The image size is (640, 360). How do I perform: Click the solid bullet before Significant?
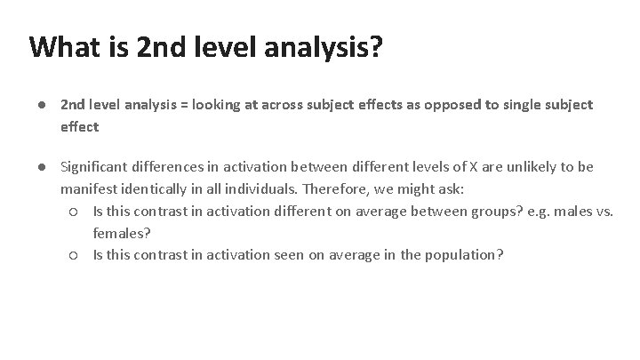[42, 167]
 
